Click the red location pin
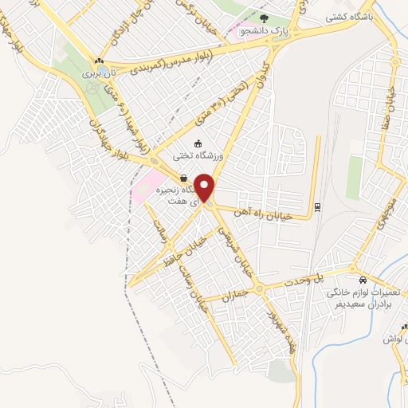[205, 188]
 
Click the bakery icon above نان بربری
[99, 61]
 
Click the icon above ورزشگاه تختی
[197, 143]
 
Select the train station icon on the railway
[317, 206]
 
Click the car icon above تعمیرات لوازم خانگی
[363, 280]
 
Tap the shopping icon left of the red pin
[185, 178]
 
